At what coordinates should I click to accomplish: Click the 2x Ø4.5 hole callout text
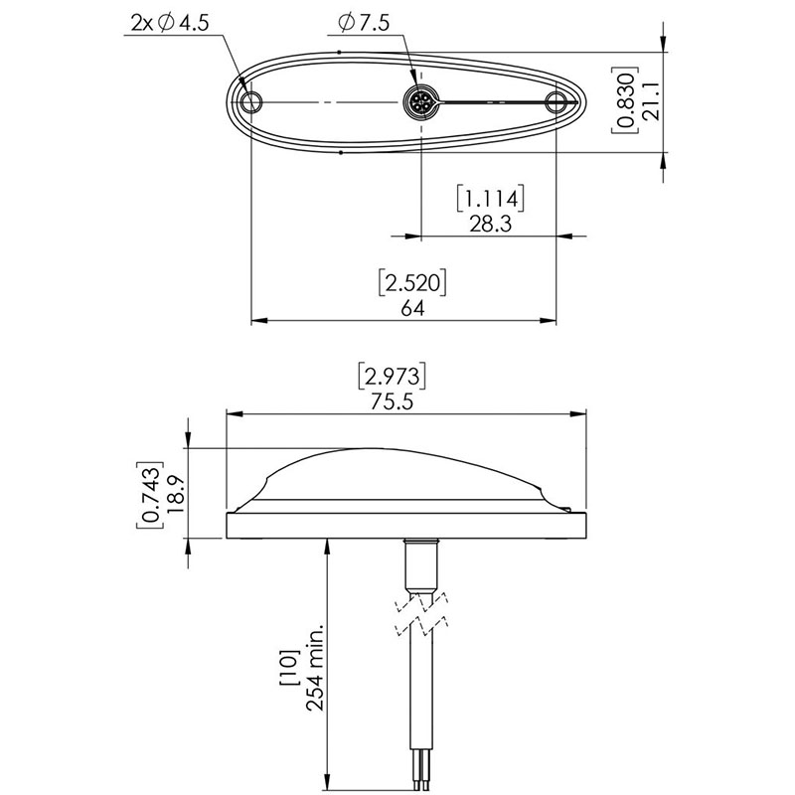coord(170,23)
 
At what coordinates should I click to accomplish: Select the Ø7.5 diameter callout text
coord(364,23)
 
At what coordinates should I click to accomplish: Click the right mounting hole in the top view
coord(556,102)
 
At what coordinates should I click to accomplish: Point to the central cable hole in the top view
coord(421,102)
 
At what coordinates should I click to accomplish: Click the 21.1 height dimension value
coord(651,101)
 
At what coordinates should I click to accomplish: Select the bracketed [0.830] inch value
coord(624,100)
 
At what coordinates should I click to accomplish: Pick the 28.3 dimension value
coord(490,224)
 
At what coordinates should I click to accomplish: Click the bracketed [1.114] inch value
coord(490,198)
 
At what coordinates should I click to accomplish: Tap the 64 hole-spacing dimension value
coord(412,308)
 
